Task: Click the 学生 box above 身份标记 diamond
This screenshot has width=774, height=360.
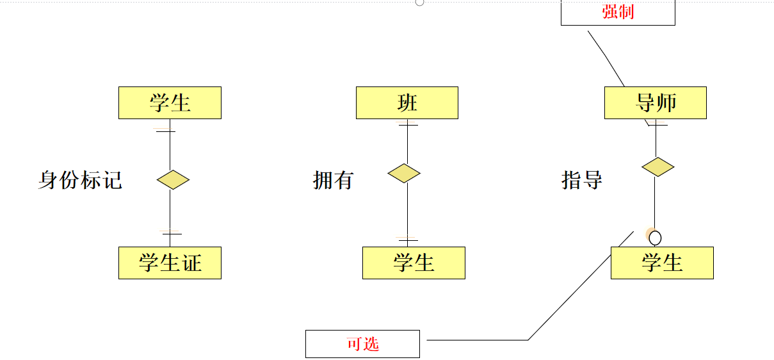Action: click(x=170, y=102)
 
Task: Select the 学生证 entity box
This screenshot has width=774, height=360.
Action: click(x=170, y=263)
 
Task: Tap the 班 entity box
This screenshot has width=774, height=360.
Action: click(x=407, y=102)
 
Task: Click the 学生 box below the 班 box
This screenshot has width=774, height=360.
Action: click(x=414, y=263)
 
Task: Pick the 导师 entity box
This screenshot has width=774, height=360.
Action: click(x=655, y=102)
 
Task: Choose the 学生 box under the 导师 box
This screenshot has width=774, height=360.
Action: click(x=662, y=263)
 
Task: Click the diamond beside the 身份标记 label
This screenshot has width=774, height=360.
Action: click(x=173, y=180)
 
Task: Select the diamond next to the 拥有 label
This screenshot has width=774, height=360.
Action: click(x=404, y=173)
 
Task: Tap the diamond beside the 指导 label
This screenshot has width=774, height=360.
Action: click(x=657, y=167)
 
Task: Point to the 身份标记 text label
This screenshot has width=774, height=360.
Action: click(x=80, y=180)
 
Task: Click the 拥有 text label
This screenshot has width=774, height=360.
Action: click(x=333, y=180)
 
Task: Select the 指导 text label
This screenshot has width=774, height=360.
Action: click(x=582, y=180)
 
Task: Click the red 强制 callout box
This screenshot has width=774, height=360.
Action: click(x=618, y=12)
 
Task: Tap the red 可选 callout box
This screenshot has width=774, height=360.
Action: click(x=362, y=344)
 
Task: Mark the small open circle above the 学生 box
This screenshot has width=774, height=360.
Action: click(x=655, y=238)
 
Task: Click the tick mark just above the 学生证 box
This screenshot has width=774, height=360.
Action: click(x=170, y=234)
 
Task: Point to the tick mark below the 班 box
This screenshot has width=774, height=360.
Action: click(x=407, y=125)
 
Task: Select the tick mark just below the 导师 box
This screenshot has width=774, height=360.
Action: click(x=656, y=125)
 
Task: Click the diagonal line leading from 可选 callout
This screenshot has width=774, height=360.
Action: click(x=576, y=288)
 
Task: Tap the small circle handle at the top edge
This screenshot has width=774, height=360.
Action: click(x=419, y=2)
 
